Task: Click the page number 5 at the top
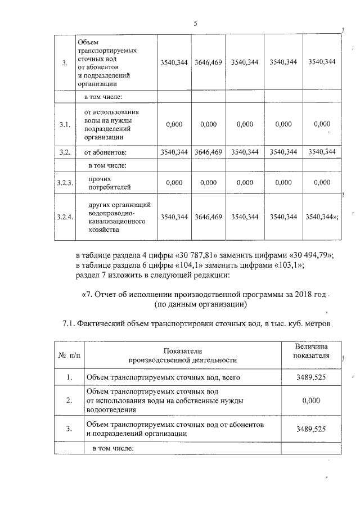click(195, 24)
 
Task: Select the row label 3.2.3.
click(65, 183)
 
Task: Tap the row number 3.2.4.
click(65, 217)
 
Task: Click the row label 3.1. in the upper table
click(65, 125)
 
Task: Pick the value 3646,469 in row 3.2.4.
click(208, 217)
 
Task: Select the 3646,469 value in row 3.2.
click(208, 152)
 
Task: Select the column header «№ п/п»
click(67, 355)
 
